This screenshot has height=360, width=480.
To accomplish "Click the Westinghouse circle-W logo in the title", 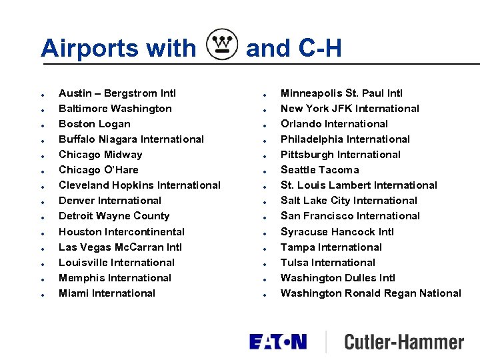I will pyautogui.click(x=222, y=45).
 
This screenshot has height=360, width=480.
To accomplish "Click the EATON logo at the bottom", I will pyautogui.click(x=278, y=341).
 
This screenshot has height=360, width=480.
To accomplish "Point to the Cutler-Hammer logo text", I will pyautogui.click(x=403, y=342).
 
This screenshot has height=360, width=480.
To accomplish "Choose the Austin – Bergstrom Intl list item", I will pyautogui.click(x=117, y=93).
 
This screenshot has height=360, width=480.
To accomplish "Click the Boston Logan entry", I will pyautogui.click(x=95, y=124).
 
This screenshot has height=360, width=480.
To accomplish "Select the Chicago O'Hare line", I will pyautogui.click(x=99, y=170).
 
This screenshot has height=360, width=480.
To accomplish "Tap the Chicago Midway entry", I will pyautogui.click(x=101, y=155).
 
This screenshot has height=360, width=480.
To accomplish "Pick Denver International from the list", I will pyautogui.click(x=110, y=201).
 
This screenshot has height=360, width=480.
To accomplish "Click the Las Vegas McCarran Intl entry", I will pyautogui.click(x=120, y=247).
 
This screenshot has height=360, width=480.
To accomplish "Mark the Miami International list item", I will pyautogui.click(x=107, y=293).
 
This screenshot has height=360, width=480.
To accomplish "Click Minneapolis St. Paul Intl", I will pyautogui.click(x=341, y=93).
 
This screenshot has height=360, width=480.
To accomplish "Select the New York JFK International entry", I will pyautogui.click(x=350, y=109).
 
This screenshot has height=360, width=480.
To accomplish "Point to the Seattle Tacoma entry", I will pyautogui.click(x=319, y=170).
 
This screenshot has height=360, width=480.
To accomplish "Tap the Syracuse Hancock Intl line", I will pyautogui.click(x=337, y=232).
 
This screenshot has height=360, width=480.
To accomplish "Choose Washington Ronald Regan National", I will pyautogui.click(x=371, y=293).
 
